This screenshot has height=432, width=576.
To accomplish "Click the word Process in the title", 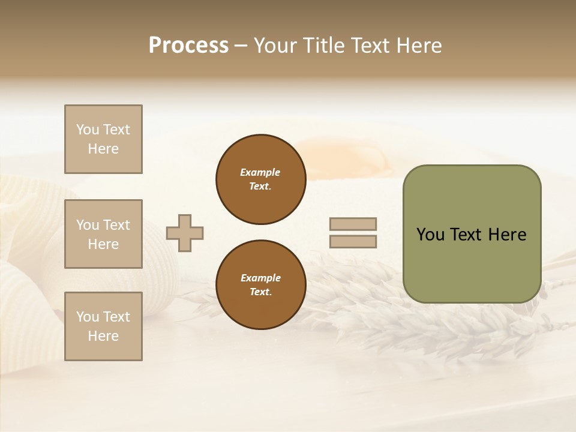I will [x=188, y=46].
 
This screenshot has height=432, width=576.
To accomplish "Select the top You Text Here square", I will [x=103, y=139].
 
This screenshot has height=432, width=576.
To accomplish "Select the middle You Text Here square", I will [x=103, y=234].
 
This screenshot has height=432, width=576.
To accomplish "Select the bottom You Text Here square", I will [x=103, y=326].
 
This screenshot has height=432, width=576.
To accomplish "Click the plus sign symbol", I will [x=185, y=233].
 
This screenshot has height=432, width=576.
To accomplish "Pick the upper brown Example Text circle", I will [x=260, y=179].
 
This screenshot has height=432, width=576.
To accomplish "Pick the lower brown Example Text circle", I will [x=260, y=284].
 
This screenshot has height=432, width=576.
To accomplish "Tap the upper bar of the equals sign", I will [x=353, y=224].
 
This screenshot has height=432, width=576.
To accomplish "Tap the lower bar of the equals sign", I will [x=353, y=241].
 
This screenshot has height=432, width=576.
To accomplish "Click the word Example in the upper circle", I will [x=260, y=172].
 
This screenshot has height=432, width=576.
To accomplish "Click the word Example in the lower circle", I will [x=260, y=278].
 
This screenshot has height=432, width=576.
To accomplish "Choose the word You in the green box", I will [x=430, y=235].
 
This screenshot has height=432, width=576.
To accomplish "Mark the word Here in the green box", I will [x=507, y=235].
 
